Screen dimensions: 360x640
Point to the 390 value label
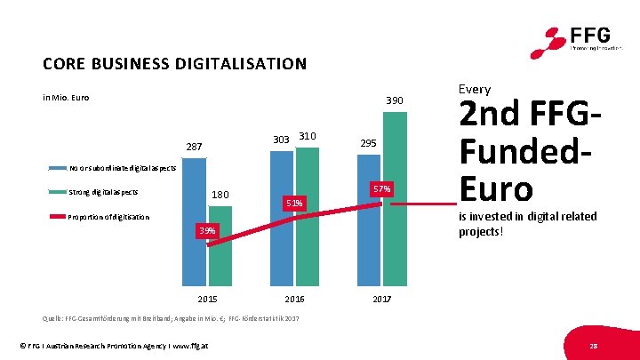point(393,102)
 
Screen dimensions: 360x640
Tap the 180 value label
point(220,195)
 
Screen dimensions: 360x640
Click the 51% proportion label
point(294,204)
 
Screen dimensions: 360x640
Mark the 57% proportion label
point(381,189)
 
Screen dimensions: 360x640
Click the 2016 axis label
point(294,299)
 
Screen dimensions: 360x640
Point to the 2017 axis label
point(381,299)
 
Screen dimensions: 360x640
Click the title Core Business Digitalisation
point(174,64)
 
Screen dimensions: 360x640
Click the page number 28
point(592,344)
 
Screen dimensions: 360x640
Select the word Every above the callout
point(474,89)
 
